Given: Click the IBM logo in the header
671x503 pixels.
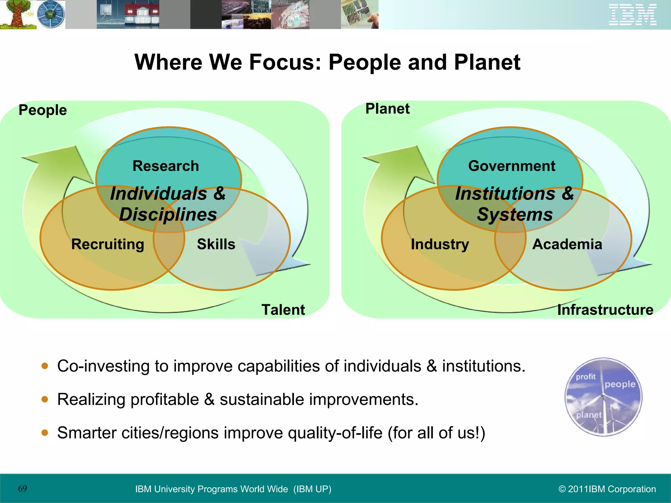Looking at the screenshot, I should (x=632, y=14).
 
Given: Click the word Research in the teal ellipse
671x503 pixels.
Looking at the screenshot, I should (x=166, y=166).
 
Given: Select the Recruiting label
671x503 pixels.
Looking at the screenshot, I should (x=108, y=244).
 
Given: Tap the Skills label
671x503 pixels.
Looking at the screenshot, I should (x=216, y=244).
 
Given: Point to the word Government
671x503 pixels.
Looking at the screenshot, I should (x=511, y=166).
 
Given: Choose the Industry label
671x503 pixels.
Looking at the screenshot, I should (x=440, y=244).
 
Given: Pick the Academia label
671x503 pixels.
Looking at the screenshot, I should (x=567, y=244).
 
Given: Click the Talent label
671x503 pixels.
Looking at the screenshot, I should (x=283, y=309).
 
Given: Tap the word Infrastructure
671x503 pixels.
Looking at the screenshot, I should (x=605, y=309).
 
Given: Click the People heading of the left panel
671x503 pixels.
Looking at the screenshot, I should (x=43, y=110).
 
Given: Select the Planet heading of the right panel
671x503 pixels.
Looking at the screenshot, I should (x=387, y=109).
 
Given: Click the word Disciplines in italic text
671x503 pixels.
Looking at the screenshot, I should (x=168, y=214).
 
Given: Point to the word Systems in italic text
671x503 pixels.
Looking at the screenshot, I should (x=515, y=214).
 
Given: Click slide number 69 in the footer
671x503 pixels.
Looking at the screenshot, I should (x=23, y=489).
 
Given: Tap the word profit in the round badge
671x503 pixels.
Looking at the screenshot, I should (x=585, y=377).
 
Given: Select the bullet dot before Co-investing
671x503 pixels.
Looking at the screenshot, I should (x=45, y=366).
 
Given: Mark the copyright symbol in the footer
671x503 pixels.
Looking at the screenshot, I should (x=562, y=489).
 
